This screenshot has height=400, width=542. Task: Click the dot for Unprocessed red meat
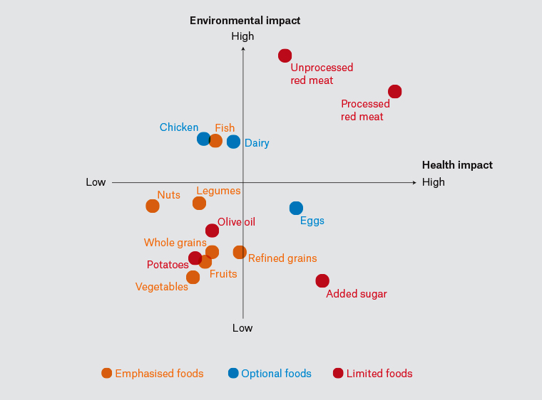point(285,56)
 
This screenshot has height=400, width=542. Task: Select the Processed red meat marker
point(395,92)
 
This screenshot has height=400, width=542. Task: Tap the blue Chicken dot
point(204,139)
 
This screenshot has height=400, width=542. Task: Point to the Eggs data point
point(297,208)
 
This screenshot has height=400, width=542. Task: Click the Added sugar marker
point(322,281)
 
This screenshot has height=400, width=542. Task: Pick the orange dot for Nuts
point(153,206)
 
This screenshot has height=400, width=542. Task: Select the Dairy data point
point(234,142)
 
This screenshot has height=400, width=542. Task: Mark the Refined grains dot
point(240,253)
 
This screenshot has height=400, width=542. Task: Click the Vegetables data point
point(193,278)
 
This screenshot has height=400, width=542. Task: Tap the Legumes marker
point(200,204)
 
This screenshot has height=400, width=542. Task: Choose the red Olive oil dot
point(212,231)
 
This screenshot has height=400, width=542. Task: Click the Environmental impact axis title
point(245,21)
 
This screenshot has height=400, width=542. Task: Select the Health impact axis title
point(457,165)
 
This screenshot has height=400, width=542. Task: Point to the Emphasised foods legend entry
point(153,374)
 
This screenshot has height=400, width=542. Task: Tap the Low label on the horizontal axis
point(96,182)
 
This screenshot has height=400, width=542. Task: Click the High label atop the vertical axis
point(242,36)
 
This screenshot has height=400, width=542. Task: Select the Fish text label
point(225,128)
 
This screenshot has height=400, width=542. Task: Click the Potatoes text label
point(168,265)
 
